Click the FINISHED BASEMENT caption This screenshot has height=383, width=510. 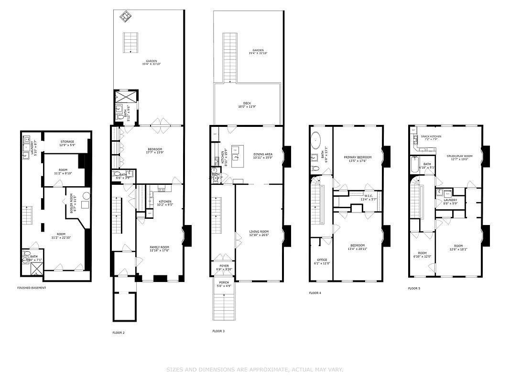coord(32,288)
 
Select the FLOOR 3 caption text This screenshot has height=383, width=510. coord(218,331)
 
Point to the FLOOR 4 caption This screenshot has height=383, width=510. coord(315,293)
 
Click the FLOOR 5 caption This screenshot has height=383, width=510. coord(414,288)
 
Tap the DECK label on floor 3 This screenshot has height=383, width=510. coord(247,104)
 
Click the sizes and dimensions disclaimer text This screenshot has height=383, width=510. coord(255,369)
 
